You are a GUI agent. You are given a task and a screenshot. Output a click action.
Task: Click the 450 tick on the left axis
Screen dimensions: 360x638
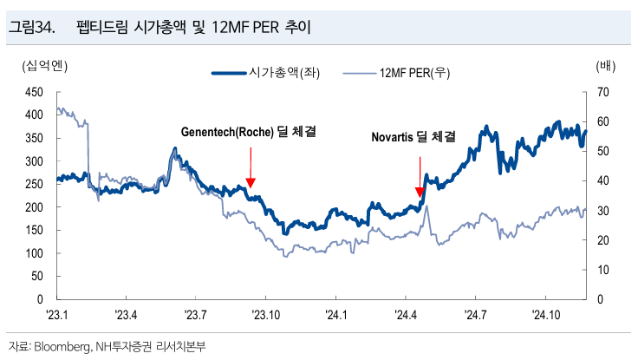coord(34,92)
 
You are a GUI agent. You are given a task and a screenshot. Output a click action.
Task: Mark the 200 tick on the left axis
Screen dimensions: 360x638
coord(34,207)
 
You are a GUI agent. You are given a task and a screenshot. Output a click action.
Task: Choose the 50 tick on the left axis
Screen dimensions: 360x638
coord(36,276)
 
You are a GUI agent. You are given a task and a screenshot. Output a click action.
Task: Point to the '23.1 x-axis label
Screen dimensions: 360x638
coord(56,315)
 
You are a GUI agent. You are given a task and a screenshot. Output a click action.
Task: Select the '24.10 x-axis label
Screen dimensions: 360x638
coord(549,315)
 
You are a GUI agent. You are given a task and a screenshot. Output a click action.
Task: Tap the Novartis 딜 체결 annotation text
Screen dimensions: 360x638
coord(413,137)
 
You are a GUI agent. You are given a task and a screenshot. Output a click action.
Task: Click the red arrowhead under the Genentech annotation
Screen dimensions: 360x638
coord(251,183)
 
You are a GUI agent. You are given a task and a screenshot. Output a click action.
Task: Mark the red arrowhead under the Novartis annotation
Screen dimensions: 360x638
coord(420,193)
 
